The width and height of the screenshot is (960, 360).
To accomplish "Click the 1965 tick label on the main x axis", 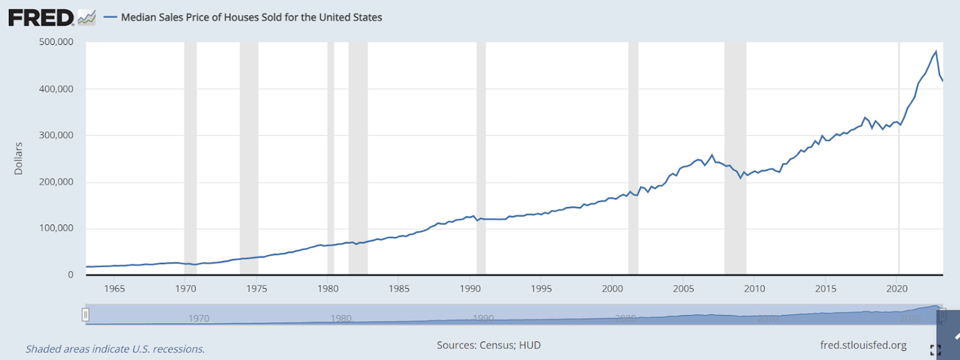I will [x=114, y=289].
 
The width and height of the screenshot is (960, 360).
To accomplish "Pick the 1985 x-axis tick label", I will [x=399, y=289].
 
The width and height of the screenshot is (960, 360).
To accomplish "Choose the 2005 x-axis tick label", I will [x=683, y=289].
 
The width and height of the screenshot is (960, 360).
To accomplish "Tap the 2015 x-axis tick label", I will [x=826, y=289].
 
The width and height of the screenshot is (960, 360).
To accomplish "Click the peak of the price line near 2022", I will [x=935, y=52].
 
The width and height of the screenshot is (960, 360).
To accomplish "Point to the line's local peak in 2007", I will [x=712, y=155].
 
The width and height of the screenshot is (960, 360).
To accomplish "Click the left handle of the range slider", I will [x=86, y=315].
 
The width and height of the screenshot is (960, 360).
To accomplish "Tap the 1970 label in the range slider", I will [x=199, y=318].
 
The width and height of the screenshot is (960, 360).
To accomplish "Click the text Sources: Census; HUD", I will [x=488, y=345].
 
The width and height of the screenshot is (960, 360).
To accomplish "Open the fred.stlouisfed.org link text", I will [x=864, y=345].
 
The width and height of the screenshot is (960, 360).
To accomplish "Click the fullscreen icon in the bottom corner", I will [x=934, y=349].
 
